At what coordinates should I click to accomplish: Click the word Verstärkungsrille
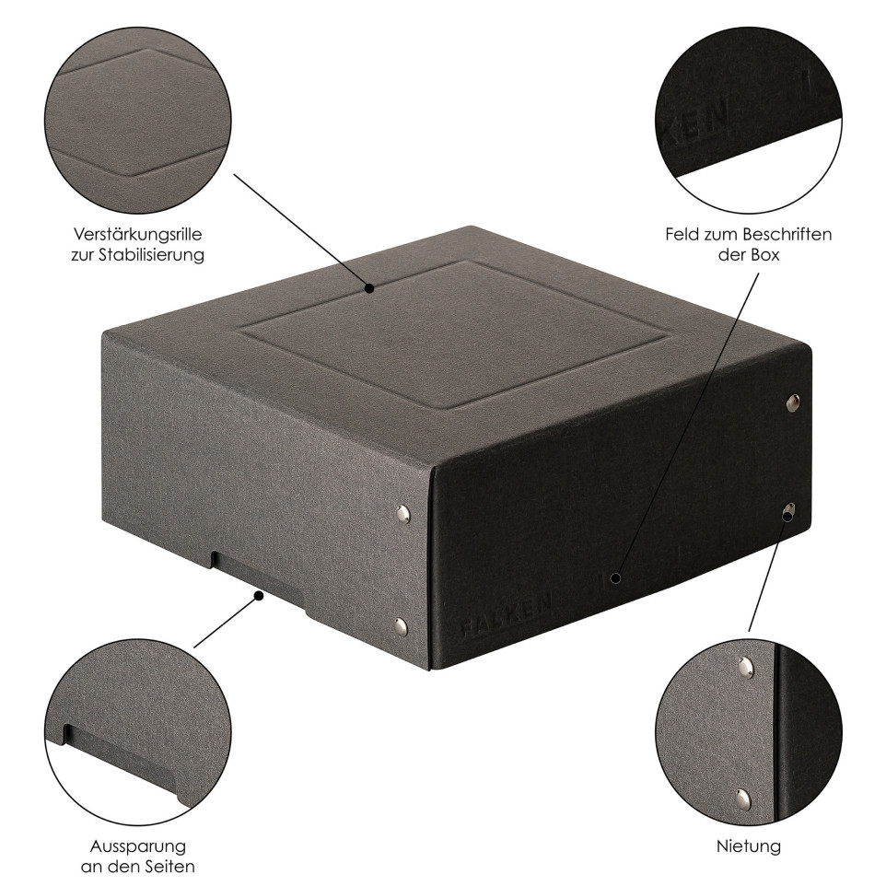(x=138, y=234)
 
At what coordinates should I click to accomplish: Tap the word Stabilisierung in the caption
(x=151, y=255)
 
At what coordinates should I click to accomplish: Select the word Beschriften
(x=787, y=234)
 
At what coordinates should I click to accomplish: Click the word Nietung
(x=749, y=845)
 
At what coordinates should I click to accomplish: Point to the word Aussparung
(x=138, y=846)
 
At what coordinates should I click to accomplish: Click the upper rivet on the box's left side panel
(x=402, y=514)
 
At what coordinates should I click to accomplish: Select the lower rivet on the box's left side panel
(x=401, y=626)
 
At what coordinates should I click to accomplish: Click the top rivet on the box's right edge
(x=793, y=402)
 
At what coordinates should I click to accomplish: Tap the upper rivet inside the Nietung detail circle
(x=746, y=667)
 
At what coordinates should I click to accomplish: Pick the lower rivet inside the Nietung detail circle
(x=743, y=798)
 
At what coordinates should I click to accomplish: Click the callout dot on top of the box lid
(x=369, y=288)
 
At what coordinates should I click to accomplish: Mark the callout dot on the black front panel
(x=616, y=578)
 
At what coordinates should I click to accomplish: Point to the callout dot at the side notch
(x=259, y=596)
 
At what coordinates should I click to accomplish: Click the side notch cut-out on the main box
(x=258, y=584)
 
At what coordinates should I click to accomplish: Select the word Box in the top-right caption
(x=765, y=255)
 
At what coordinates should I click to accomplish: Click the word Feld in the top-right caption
(x=681, y=234)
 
